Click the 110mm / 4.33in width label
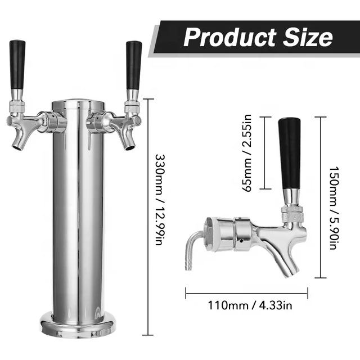(x=247, y=307)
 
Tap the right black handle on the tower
(x=134, y=64)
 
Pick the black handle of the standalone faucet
(x=291, y=152)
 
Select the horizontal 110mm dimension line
(x=246, y=292)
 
